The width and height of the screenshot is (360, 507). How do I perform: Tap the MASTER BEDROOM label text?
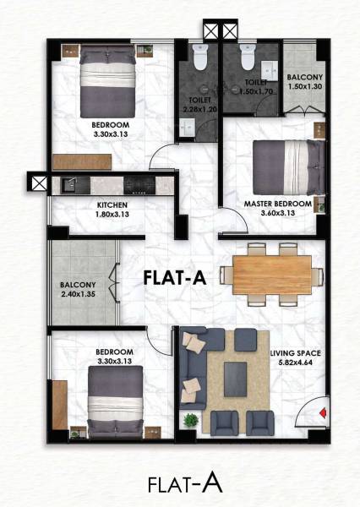[x=278, y=204]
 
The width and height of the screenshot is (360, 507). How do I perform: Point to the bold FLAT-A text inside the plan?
[x=176, y=276]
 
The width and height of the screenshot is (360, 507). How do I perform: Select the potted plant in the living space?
[x=194, y=418]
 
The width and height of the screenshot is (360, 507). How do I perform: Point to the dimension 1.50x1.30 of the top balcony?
[x=303, y=86]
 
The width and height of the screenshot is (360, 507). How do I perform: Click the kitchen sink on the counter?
[x=68, y=183]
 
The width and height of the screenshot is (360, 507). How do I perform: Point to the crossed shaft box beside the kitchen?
[x=37, y=182]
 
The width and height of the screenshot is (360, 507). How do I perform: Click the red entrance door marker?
[x=324, y=413]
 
